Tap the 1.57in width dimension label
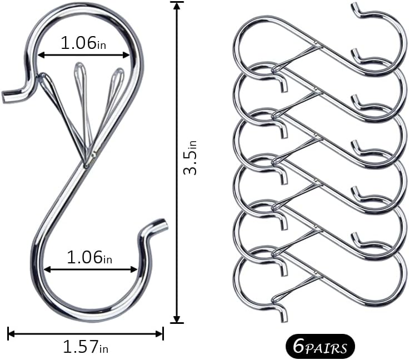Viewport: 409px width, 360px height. point(85,347)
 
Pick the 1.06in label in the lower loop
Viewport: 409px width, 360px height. point(89,257)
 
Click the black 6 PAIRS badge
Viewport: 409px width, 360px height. point(319,347)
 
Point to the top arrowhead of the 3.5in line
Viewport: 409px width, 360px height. point(177,5)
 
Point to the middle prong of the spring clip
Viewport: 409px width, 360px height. point(81,72)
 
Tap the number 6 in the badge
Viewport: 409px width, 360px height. point(297,347)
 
